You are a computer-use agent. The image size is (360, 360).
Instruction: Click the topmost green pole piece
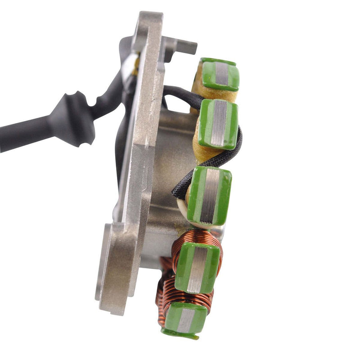coord(220,74)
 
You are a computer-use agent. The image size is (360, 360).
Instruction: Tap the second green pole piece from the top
coord(219,123)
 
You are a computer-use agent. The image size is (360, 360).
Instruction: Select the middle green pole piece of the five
coord(209,195)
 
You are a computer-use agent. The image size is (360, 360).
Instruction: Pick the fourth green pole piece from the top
coord(198,267)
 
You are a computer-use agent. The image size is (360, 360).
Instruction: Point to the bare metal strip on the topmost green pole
coord(222,74)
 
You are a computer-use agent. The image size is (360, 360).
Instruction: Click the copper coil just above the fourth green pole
coord(198,238)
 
